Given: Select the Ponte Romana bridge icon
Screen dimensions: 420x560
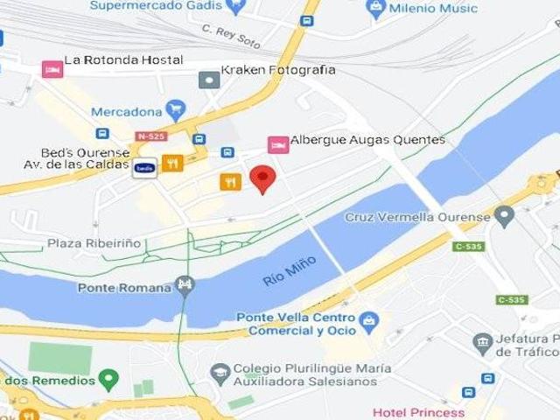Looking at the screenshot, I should (x=185, y=286).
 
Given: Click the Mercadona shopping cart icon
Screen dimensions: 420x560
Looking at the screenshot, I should (x=176, y=110).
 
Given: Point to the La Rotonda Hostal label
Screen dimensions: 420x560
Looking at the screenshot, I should (x=123, y=60).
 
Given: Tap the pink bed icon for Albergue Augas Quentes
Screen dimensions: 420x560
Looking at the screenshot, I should (x=278, y=143).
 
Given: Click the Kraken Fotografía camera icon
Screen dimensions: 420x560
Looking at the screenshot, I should (x=209, y=80).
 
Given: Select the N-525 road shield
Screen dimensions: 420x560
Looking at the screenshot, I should (x=150, y=136).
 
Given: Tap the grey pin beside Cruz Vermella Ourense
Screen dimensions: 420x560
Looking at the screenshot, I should (x=503, y=214).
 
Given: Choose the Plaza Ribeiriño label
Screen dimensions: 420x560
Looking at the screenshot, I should (x=94, y=243).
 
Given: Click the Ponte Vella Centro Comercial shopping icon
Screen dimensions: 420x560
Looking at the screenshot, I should (x=368, y=322).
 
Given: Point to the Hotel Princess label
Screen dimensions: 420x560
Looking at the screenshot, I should (x=418, y=412).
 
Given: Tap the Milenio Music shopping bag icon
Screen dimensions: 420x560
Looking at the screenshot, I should (x=376, y=9).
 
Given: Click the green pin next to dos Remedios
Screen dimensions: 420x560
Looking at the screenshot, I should (x=108, y=380).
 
